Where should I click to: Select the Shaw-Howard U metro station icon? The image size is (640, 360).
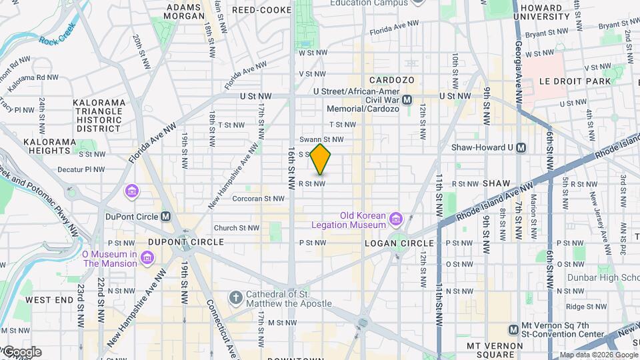(x=521, y=147)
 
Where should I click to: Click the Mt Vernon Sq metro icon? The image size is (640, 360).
(x=513, y=329)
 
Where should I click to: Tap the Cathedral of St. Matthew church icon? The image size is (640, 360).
(x=235, y=297)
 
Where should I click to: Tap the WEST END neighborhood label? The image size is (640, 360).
(x=49, y=300)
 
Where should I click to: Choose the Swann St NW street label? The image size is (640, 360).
(x=321, y=139)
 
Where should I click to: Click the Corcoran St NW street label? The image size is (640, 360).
(x=258, y=198)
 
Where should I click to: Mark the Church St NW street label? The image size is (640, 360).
(x=236, y=227)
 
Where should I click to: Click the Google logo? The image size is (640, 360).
(x=21, y=352)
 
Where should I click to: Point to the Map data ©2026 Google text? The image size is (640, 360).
(x=598, y=355)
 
